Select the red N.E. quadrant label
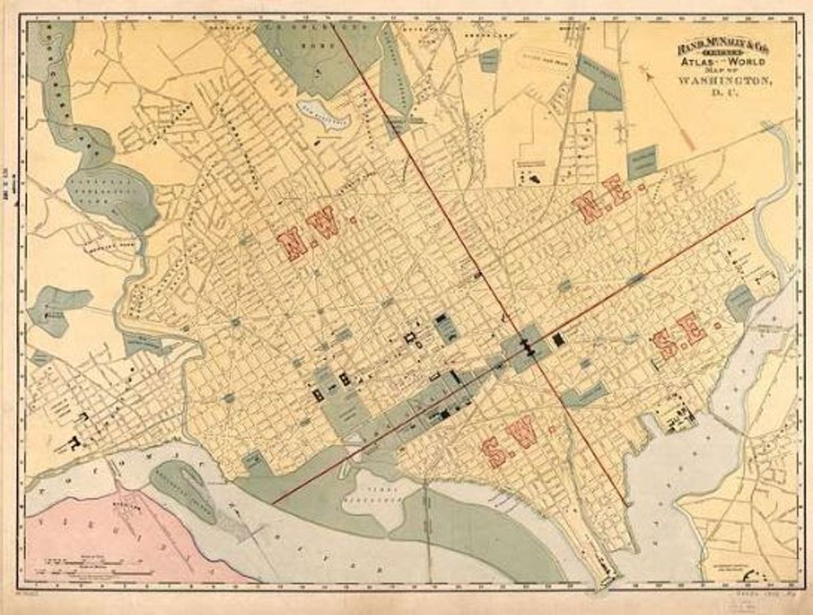point(601,198)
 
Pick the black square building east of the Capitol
point(558,340)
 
